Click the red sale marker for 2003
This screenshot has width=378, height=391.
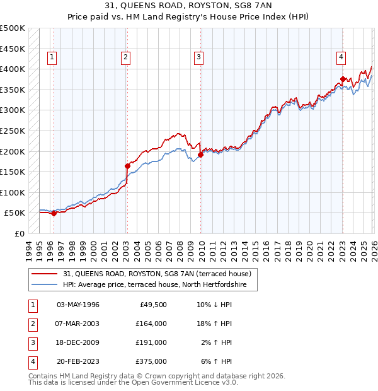[127, 166]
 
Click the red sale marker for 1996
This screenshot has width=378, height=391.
[54, 213]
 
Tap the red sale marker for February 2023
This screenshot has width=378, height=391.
[343, 79]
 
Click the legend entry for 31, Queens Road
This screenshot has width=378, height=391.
[157, 274]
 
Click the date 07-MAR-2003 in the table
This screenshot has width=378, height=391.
[78, 324]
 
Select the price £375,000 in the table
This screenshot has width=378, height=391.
[151, 361]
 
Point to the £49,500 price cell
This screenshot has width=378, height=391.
[151, 305]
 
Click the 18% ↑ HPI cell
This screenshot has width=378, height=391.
[217, 324]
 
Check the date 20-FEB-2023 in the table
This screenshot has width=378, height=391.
[78, 361]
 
